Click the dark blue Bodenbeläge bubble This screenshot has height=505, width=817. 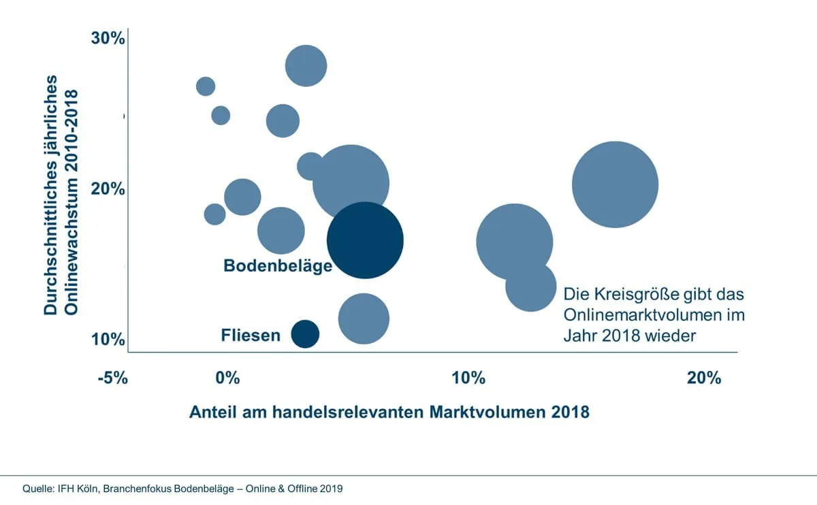(x=366, y=240)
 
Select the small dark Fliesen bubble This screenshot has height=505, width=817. (x=305, y=333)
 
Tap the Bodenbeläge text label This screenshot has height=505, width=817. (x=278, y=265)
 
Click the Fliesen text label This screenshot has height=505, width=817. (x=251, y=335)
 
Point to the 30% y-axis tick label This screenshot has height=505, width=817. (x=108, y=39)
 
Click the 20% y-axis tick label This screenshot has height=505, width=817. (x=108, y=189)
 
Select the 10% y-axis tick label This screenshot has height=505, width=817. (x=108, y=338)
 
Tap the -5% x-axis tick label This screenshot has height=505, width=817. (x=112, y=378)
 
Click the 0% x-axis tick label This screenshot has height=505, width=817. (x=227, y=378)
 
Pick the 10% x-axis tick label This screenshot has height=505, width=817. (x=468, y=378)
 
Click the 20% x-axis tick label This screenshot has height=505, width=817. (x=704, y=378)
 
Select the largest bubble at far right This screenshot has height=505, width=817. (x=615, y=184)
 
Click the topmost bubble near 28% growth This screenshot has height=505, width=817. (x=306, y=66)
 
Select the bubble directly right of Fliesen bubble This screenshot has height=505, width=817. (x=364, y=318)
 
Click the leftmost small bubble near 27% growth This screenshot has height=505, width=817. (x=206, y=86)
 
